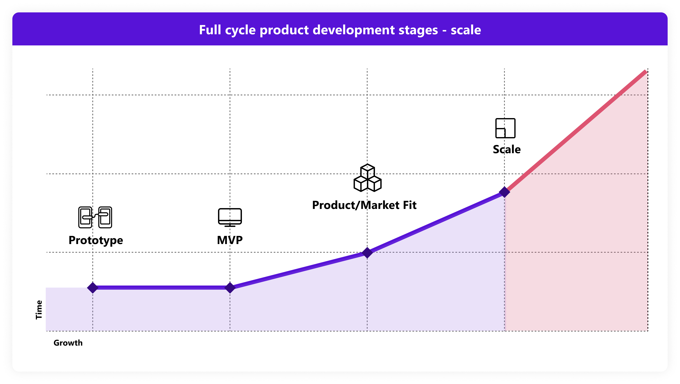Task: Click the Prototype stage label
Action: (96, 240)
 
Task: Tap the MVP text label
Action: (230, 240)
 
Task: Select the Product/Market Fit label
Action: (364, 205)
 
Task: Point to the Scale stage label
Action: (506, 149)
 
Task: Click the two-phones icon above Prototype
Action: (95, 217)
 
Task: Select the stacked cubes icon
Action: (367, 178)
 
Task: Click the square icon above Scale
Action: (505, 128)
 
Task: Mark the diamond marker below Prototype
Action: (93, 287)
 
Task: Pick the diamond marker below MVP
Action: (230, 287)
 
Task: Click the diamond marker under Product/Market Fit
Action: (367, 252)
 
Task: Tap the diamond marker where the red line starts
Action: (504, 192)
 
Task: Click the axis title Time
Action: (39, 310)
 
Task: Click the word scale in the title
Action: (466, 30)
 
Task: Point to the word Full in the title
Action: (210, 30)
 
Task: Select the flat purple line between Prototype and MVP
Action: (161, 287)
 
